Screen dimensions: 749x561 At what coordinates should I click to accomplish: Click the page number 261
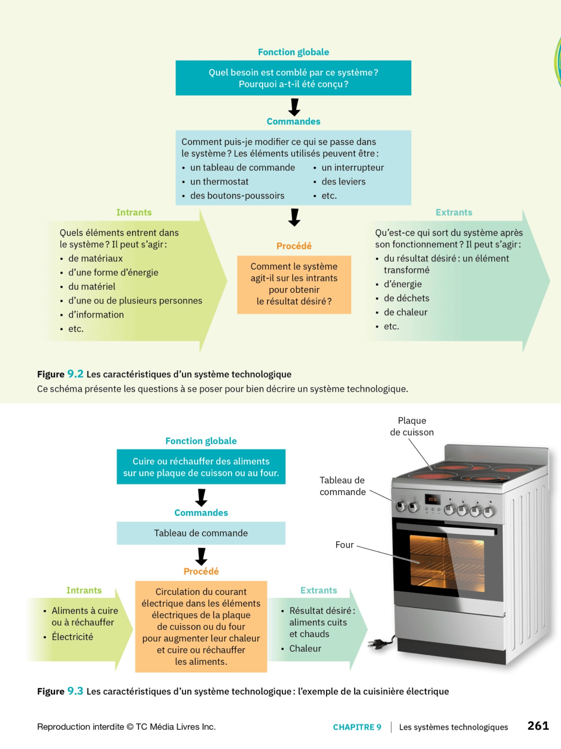538,726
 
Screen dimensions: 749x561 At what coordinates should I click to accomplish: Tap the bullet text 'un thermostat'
219,182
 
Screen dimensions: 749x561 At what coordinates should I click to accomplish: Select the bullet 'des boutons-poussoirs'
237,196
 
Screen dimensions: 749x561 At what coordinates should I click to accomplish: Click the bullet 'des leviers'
343,182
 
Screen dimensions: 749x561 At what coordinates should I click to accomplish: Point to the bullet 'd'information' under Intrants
96,315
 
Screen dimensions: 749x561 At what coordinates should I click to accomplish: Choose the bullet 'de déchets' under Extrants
406,298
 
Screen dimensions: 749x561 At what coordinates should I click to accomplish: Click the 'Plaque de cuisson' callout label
412,427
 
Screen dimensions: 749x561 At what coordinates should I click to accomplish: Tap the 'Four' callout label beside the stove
344,545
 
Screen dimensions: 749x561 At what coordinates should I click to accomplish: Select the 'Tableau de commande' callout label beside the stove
342,486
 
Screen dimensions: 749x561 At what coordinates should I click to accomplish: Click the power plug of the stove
377,644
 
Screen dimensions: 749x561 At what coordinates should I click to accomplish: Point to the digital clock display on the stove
432,500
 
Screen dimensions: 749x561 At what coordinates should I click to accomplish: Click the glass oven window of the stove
446,563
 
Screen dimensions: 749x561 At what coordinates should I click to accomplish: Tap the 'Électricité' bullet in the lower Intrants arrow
72,637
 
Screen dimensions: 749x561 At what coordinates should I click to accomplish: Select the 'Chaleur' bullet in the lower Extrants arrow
305,649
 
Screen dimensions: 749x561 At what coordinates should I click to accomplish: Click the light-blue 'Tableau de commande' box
201,533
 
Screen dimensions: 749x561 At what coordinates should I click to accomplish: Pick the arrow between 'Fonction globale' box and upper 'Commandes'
294,107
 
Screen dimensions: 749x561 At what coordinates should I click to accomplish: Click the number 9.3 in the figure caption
75,691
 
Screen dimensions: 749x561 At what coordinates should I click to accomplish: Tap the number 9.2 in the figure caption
75,374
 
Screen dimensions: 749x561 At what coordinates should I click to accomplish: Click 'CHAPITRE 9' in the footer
357,727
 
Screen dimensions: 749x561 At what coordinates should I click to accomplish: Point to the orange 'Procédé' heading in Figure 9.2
294,246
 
